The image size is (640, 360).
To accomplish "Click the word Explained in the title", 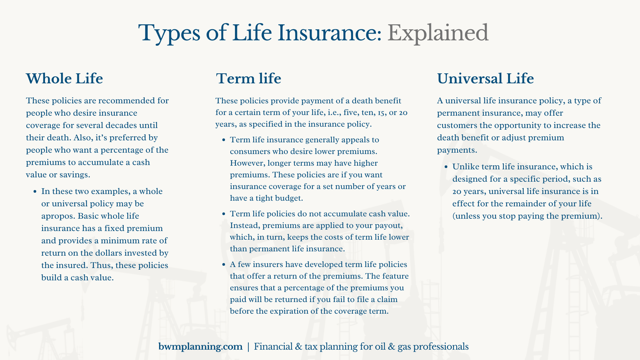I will pyautogui.click(x=438, y=33).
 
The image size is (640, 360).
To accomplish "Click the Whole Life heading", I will pyautogui.click(x=64, y=79).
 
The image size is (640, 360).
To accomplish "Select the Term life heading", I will pyautogui.click(x=248, y=79).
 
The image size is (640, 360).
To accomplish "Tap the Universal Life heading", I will pyautogui.click(x=485, y=79).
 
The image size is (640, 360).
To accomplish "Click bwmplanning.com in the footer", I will pyautogui.click(x=200, y=347).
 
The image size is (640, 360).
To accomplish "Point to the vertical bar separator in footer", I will pyautogui.click(x=248, y=347).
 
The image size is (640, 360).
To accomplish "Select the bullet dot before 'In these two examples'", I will pyautogui.click(x=35, y=192).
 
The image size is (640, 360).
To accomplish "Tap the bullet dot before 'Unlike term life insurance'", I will pyautogui.click(x=446, y=167).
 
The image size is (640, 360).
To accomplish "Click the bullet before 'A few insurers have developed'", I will pyautogui.click(x=224, y=265).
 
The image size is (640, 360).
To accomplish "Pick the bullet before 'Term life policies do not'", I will pyautogui.click(x=224, y=214).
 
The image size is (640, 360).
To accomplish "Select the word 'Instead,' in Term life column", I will pyautogui.click(x=245, y=226).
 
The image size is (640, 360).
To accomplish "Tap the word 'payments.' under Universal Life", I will pyautogui.click(x=457, y=150).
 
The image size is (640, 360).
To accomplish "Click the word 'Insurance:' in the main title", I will pyautogui.click(x=330, y=33).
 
